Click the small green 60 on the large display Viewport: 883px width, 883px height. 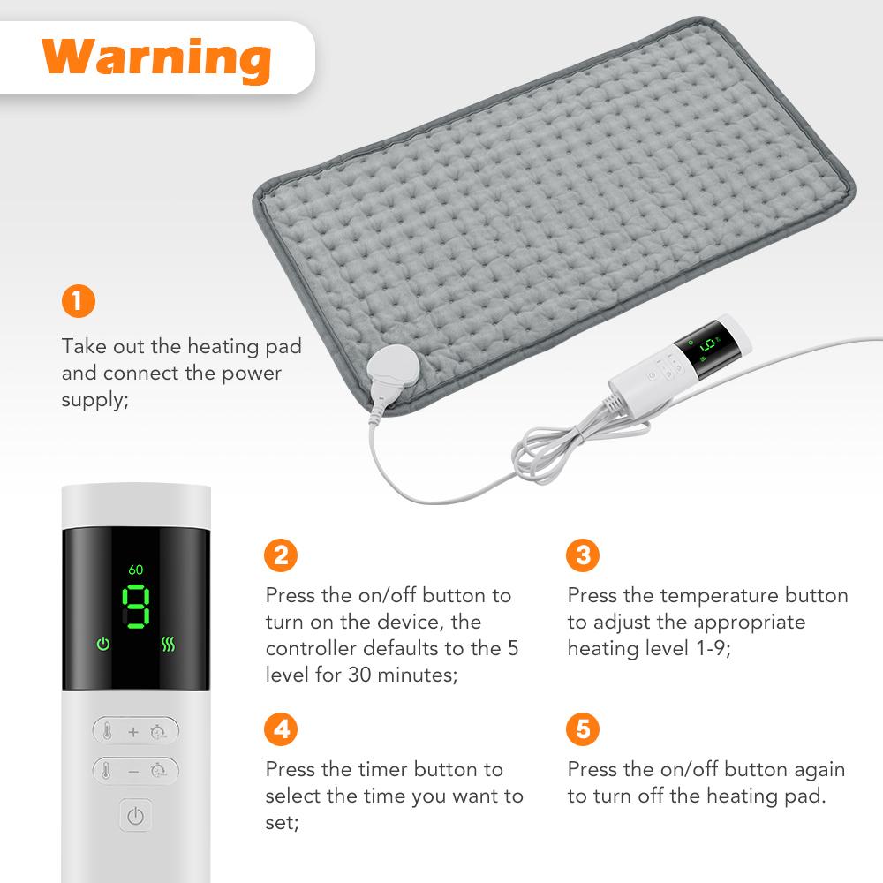coord(135,570)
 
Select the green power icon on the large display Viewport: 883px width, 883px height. coord(103,644)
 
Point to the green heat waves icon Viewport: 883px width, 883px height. coord(168,644)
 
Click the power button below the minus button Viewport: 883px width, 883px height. coord(135,817)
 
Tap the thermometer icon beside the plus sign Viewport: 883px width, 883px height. coord(108,731)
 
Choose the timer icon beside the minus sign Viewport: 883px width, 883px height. coord(160,770)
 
